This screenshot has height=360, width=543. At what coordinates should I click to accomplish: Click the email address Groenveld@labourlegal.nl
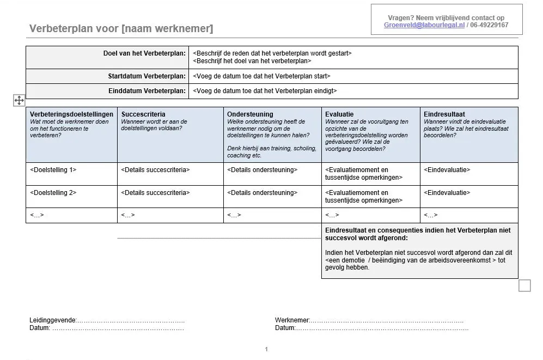click(x=424, y=25)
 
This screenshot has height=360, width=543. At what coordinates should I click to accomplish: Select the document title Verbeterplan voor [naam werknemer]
click(x=121, y=28)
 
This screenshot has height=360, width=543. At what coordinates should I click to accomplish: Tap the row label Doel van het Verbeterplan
click(x=144, y=53)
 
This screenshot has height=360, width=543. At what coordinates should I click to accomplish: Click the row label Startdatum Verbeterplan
click(x=147, y=76)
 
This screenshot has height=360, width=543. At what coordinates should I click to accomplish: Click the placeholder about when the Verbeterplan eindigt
click(x=265, y=91)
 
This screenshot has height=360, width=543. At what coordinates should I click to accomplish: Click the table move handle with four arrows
click(x=19, y=100)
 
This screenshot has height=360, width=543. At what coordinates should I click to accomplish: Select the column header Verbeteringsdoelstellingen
click(x=71, y=114)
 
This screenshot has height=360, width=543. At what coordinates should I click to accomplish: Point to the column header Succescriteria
click(x=143, y=114)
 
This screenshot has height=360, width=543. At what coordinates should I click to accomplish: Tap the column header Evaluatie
click(x=339, y=114)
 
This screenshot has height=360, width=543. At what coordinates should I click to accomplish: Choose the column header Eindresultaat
click(x=444, y=114)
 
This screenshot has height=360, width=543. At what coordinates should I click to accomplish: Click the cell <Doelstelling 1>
click(x=53, y=170)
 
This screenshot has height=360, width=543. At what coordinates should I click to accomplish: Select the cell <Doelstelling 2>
click(x=53, y=193)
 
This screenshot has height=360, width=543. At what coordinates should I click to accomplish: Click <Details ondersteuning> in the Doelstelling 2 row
click(x=263, y=193)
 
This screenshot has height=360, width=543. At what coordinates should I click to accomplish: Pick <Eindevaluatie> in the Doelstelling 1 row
click(x=447, y=170)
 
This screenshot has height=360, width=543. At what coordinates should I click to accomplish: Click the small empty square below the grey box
click(x=524, y=285)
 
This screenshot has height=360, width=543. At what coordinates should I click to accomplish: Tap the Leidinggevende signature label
click(x=53, y=321)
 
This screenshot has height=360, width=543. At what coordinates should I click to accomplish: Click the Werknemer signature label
click(x=292, y=321)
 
